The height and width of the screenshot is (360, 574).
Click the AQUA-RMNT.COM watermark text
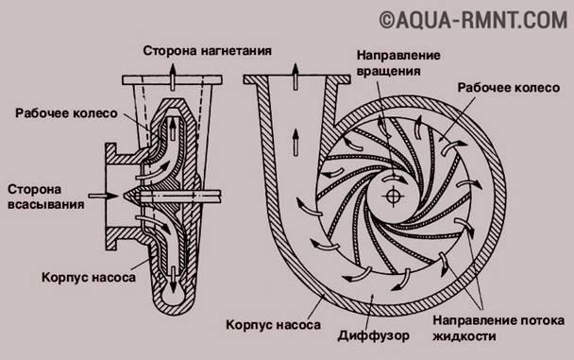point(473,21)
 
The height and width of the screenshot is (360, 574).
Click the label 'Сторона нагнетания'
point(207,50)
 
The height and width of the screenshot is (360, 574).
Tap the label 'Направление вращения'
point(398,62)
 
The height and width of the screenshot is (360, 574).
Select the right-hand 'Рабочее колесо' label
point(509,88)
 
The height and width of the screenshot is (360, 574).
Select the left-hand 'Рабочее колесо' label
point(66,113)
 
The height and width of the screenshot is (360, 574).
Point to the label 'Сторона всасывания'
point(45,197)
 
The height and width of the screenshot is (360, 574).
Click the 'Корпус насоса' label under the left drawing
point(89,277)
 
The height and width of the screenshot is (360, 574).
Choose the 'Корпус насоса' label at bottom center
point(273,324)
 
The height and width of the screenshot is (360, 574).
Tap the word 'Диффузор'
point(374,335)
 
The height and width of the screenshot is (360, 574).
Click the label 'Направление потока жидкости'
point(498,328)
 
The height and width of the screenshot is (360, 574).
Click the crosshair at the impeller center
point(392,196)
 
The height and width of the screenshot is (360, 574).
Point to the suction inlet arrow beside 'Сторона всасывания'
point(103,196)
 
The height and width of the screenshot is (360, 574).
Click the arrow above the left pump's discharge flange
point(173,77)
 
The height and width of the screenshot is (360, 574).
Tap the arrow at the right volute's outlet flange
point(295,77)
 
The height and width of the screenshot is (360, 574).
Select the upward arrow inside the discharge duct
point(295,142)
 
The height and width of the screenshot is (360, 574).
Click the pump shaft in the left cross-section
point(179,196)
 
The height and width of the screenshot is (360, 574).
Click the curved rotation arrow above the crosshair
point(395,179)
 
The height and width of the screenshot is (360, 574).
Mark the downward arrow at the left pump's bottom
point(173,280)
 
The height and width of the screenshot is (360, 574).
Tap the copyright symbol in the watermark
point(386,21)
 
